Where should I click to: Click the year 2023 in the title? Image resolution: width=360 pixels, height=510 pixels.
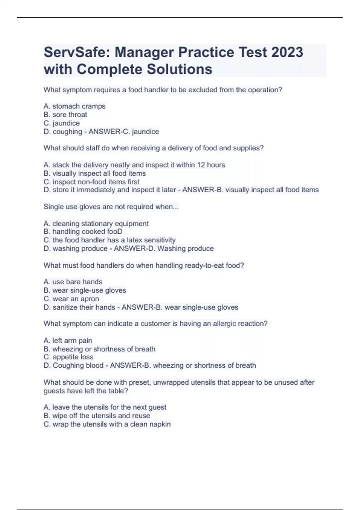click(287, 52)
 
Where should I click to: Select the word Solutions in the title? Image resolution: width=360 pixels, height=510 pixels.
click(179, 69)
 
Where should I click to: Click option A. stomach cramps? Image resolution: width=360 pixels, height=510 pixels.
click(74, 106)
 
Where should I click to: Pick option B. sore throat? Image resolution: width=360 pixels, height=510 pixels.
click(65, 115)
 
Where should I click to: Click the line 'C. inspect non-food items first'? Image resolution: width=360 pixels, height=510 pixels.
click(91, 182)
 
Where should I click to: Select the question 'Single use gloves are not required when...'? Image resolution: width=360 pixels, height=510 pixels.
click(111, 207)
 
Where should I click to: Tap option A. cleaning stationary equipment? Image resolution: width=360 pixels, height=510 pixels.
click(96, 223)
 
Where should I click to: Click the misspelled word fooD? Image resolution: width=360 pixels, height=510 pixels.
click(114, 232)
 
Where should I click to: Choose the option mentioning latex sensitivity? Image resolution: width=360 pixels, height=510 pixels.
click(109, 240)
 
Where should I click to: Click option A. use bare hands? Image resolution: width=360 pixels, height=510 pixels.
click(73, 282)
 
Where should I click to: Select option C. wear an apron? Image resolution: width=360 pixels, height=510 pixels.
click(71, 299)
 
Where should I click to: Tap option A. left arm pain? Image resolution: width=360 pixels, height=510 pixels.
click(68, 340)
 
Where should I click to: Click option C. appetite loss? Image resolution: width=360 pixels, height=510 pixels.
click(68, 357)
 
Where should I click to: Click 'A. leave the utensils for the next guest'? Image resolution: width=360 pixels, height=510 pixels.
click(105, 407)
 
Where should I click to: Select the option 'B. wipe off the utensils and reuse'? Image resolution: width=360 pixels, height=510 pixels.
click(97, 415)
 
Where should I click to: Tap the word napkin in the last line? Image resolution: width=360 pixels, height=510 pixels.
click(161, 424)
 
